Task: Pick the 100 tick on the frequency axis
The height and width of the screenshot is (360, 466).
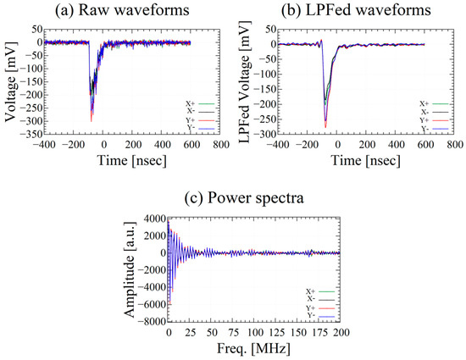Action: (x=252, y=333)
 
